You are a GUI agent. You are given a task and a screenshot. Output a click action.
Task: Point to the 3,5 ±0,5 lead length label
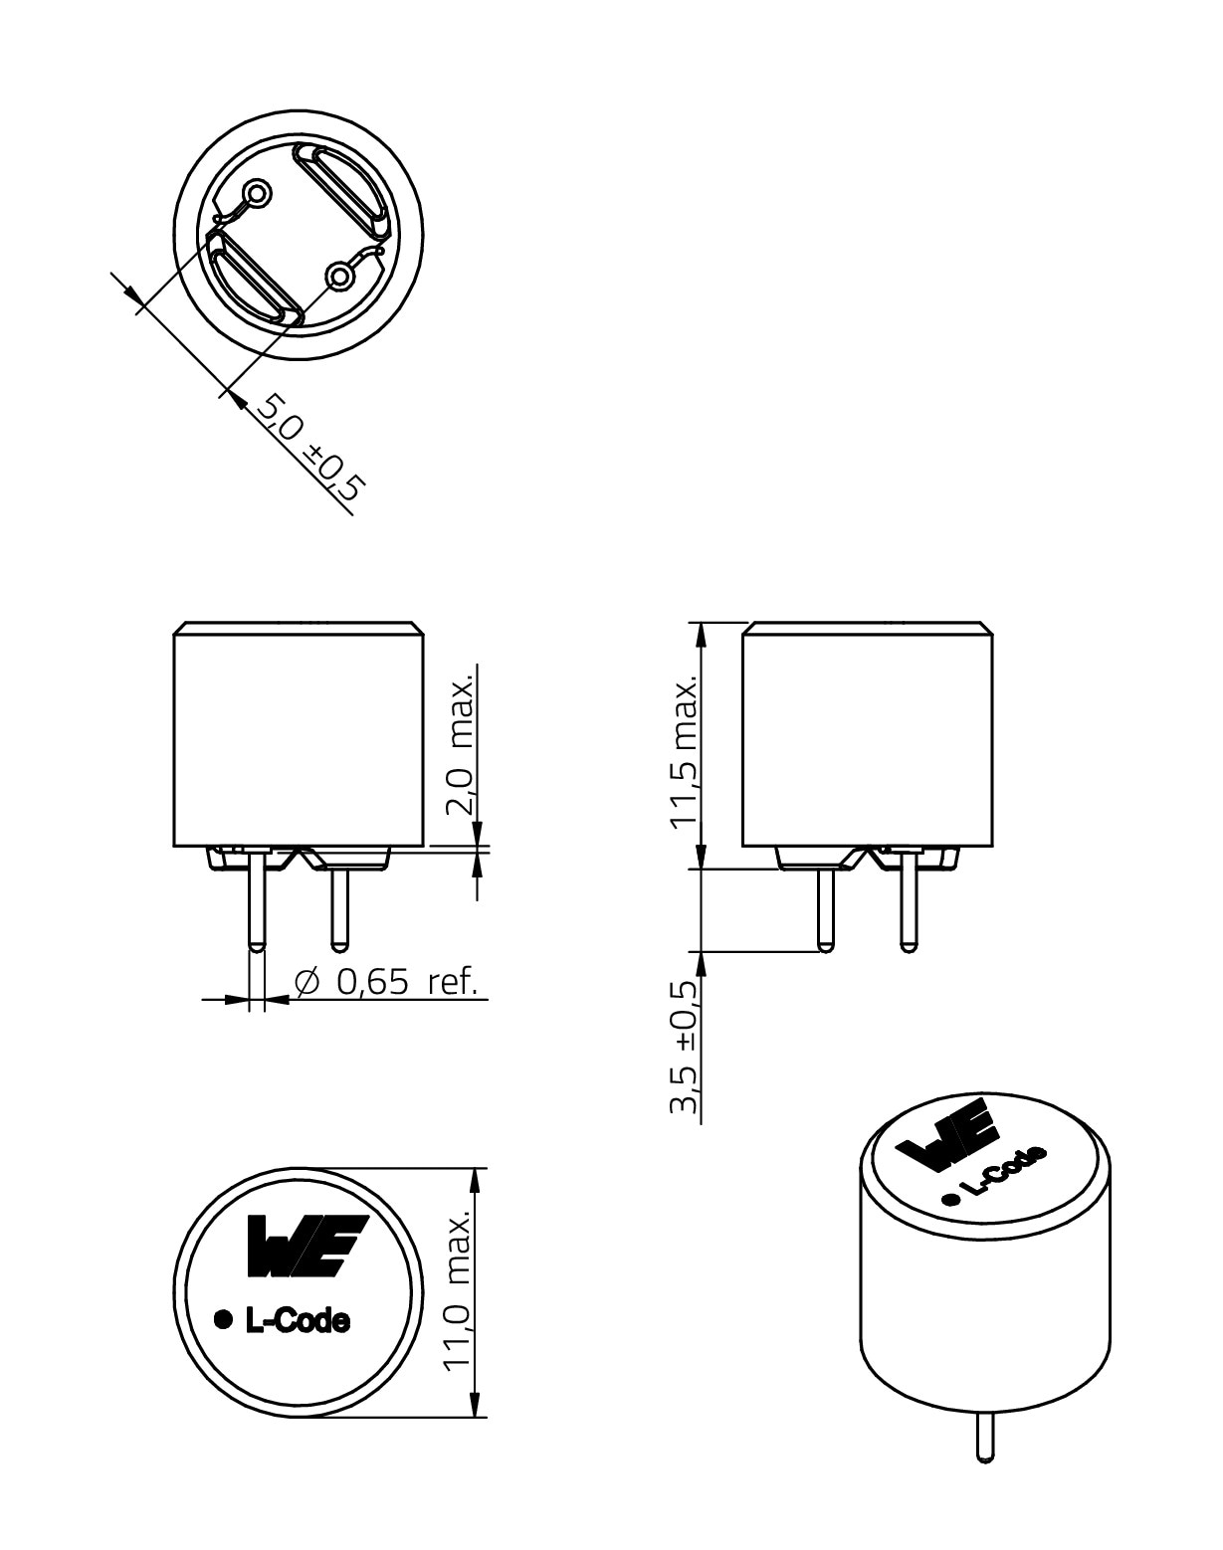pos(685,1047)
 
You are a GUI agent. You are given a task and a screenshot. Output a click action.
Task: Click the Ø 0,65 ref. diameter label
pos(388,983)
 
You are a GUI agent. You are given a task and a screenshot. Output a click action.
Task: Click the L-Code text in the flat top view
pos(297,1321)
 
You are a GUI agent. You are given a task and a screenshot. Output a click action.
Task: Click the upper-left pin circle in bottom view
pos(259,193)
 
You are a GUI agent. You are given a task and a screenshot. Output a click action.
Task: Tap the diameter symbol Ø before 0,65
pos(308,983)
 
